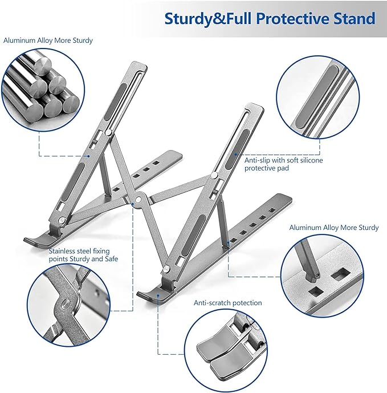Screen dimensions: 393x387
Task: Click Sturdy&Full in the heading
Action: click(207, 18)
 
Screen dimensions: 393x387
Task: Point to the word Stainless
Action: click(63, 250)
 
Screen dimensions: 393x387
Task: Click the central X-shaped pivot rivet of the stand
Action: click(138, 200)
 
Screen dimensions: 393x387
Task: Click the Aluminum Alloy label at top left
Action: click(48, 40)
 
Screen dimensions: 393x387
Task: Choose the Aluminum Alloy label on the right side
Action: click(333, 227)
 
